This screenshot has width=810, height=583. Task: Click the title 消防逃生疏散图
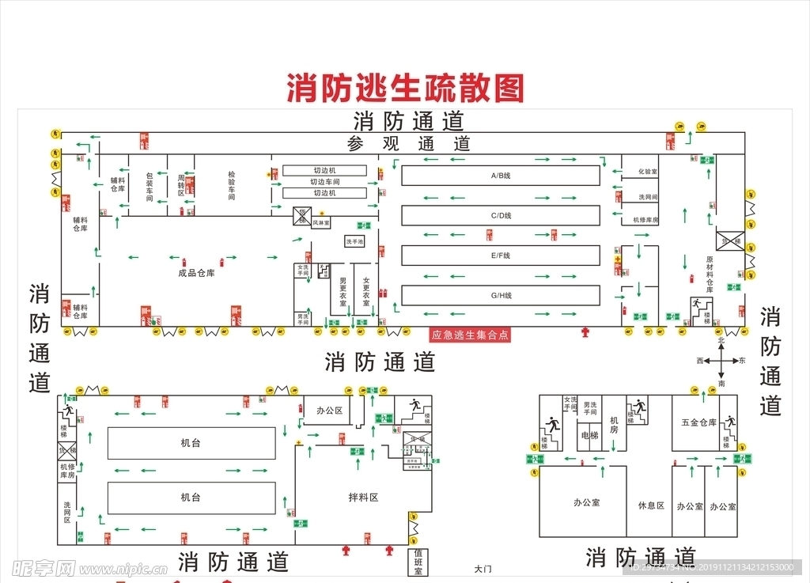pos(405,88)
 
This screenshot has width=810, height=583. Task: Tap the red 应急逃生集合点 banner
pos(470,335)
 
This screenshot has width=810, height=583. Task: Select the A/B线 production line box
pos(500,176)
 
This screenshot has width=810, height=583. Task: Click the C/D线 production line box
pos(500,215)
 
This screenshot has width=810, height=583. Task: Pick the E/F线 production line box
pos(500,256)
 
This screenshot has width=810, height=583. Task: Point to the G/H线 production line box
pos(500,296)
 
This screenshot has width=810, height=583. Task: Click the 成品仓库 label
pos(196,273)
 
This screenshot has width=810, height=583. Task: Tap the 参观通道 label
pos(408,144)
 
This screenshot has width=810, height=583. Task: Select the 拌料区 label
pos(363,498)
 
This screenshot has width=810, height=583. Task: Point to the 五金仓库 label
pos(698,422)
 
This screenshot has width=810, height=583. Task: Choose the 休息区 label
pos(651,505)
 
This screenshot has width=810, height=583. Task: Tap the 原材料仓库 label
pos(710,274)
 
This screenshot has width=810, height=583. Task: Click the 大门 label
pos(483,569)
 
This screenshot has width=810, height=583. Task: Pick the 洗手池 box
pos(354,241)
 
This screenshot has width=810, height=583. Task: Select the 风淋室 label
pos(321,223)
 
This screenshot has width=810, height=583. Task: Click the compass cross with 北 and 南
pos(721,361)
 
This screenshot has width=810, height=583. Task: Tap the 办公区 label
pos(328,411)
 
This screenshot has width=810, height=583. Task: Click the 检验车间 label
pos(232,185)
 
